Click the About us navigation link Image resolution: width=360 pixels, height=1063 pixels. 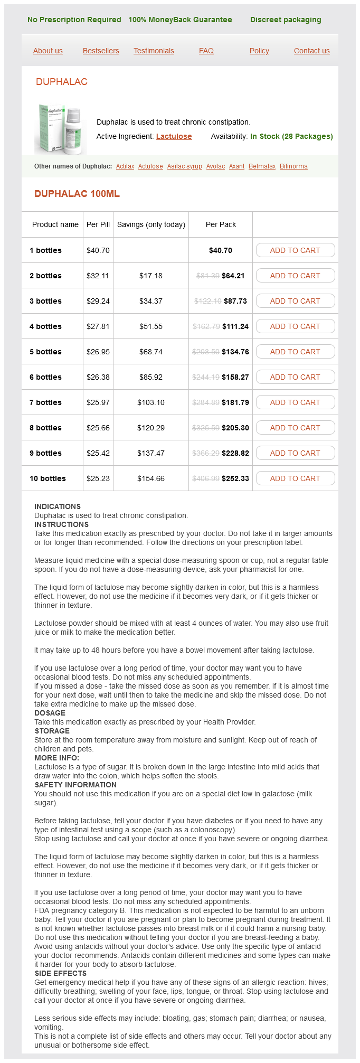click(48, 51)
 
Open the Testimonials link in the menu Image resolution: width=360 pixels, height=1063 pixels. click(154, 51)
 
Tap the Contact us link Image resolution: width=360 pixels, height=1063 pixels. click(311, 51)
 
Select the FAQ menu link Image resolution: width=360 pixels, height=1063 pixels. click(206, 51)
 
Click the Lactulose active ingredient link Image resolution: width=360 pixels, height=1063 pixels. click(174, 136)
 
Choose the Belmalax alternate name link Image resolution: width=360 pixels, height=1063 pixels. click(262, 166)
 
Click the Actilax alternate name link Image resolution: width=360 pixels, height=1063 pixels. click(125, 166)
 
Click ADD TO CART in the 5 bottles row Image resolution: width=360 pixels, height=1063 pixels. click(295, 352)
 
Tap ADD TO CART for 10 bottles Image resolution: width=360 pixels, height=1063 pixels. click(295, 478)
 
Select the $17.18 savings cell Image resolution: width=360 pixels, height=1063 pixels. click(151, 276)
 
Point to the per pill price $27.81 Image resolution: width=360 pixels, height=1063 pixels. click(98, 326)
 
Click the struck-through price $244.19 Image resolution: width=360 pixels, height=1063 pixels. click(206, 377)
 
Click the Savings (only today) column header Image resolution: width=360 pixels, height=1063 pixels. click(151, 224)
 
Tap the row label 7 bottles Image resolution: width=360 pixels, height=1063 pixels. click(45, 402)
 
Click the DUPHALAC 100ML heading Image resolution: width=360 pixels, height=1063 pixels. click(77, 194)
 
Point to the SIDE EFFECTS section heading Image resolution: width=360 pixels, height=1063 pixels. click(61, 973)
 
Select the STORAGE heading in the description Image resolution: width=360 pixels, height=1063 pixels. click(52, 731)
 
